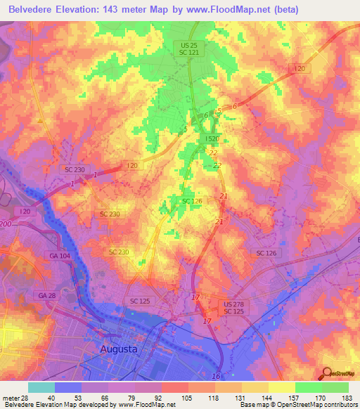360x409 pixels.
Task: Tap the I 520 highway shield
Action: point(212,139)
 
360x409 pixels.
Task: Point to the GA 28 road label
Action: point(48,296)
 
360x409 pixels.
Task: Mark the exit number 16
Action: point(215,377)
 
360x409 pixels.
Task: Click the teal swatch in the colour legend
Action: point(41,387)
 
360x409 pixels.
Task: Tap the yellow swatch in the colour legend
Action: point(281,387)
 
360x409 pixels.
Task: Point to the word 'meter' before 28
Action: point(11,397)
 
